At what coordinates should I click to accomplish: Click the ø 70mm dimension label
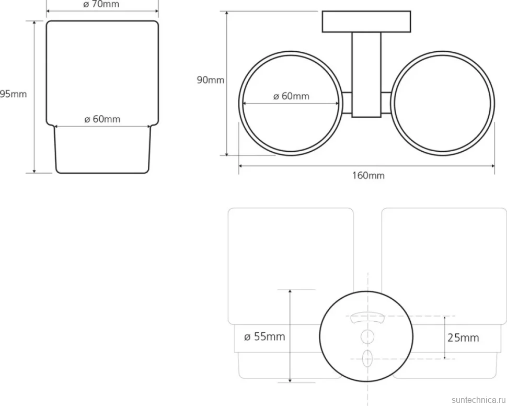click(x=101, y=4)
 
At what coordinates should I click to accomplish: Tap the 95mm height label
click(x=13, y=94)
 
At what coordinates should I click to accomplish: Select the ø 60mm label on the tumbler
click(x=102, y=119)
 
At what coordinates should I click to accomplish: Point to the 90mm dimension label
click(x=211, y=80)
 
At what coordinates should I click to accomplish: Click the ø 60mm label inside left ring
click(x=291, y=96)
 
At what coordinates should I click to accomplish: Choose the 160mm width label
click(x=368, y=175)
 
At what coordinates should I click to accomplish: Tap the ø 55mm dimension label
click(x=264, y=337)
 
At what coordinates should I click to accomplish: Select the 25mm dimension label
click(x=463, y=338)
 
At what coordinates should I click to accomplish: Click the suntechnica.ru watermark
click(x=479, y=400)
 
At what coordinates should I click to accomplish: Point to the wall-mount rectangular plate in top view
click(x=366, y=21)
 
